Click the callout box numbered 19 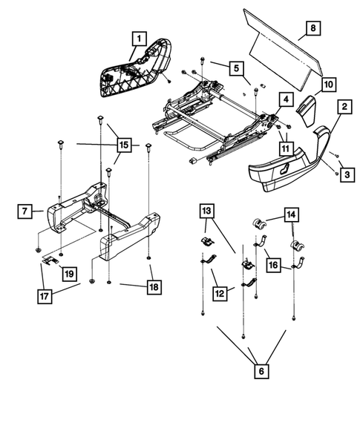point(68,275)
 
